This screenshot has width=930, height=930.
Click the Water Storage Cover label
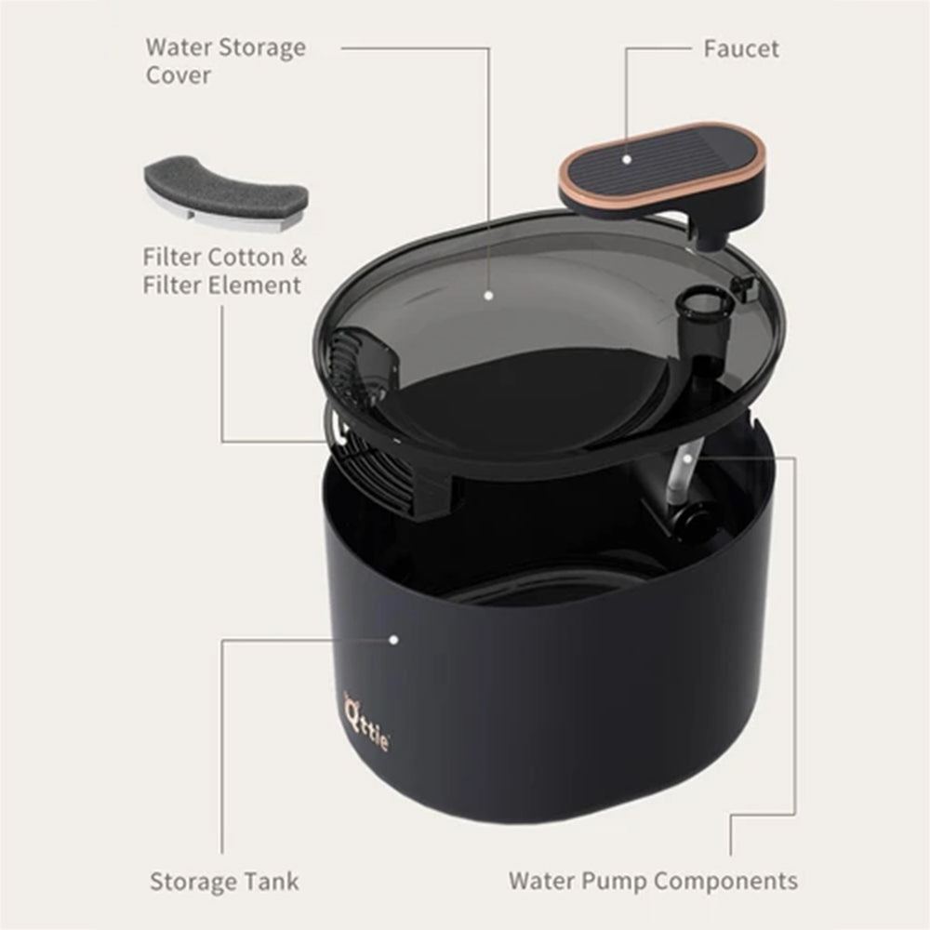pos(225,60)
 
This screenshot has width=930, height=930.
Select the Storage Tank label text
pos(224,881)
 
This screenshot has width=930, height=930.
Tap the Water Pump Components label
pos(652,880)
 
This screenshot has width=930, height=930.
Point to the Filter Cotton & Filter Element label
pos(224,271)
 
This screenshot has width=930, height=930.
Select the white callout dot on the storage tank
pos(393,640)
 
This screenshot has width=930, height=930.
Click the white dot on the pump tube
pos(686,458)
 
